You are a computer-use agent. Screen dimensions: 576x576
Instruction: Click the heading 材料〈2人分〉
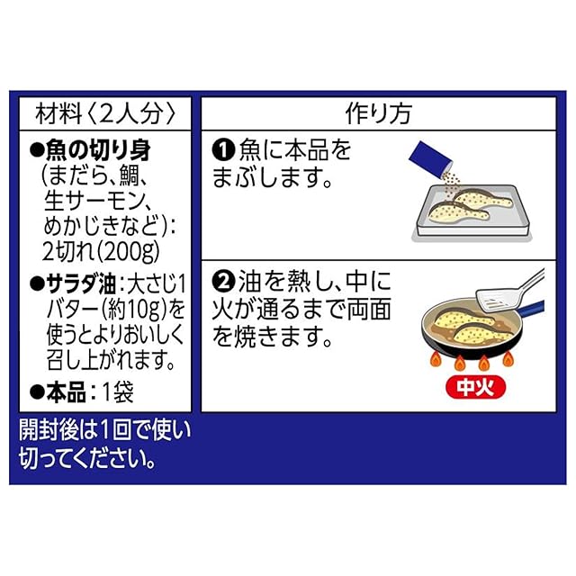(x=103, y=113)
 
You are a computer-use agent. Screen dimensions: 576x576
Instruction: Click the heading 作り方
(x=378, y=113)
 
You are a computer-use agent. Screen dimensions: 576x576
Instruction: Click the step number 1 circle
(x=222, y=148)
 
